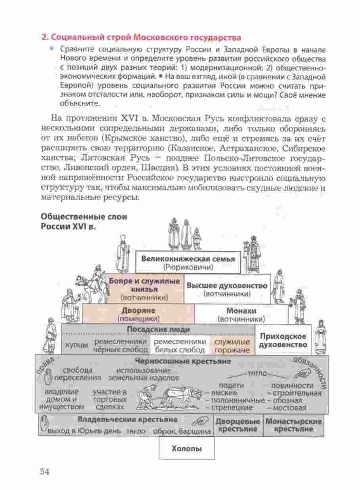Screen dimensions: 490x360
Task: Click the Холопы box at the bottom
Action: click(x=187, y=449)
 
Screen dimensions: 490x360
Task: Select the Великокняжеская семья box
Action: click(x=188, y=263)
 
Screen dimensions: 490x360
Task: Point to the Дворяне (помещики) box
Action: click(x=138, y=314)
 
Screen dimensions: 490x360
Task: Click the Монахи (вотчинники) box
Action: click(x=241, y=314)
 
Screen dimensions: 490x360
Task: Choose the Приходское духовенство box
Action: click(x=283, y=340)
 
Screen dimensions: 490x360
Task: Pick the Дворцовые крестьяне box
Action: click(x=237, y=425)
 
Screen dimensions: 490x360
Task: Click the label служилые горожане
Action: click(x=232, y=346)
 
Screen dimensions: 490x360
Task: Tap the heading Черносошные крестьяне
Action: click(x=183, y=361)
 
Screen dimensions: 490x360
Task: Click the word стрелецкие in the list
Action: click(x=232, y=407)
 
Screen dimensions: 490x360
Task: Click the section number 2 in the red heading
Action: click(x=44, y=38)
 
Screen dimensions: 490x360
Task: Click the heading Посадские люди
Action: click(x=158, y=329)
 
